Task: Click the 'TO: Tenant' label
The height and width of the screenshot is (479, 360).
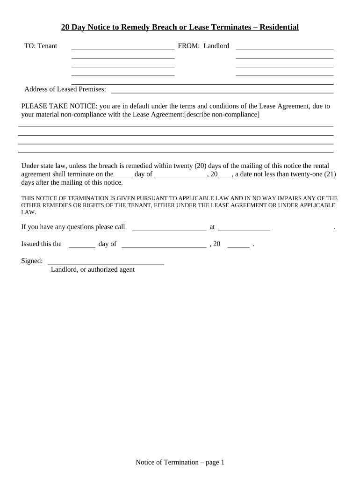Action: point(41,46)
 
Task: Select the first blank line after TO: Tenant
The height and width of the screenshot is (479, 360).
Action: point(122,48)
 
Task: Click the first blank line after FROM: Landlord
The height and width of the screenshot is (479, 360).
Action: point(284,48)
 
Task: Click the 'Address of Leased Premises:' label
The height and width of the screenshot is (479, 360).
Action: point(65,89)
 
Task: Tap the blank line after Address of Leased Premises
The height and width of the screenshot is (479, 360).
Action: point(222,92)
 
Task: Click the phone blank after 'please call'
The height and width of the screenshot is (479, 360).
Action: point(169,229)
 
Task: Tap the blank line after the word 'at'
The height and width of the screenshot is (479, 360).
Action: point(244,229)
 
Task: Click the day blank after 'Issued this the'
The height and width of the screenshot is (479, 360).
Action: point(82,246)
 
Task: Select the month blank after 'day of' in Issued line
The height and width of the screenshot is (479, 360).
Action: point(164,246)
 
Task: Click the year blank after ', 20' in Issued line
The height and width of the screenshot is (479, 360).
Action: point(238,246)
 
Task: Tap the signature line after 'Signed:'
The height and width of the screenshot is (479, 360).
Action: point(106,263)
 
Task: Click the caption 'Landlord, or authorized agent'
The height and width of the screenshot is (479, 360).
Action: point(93,269)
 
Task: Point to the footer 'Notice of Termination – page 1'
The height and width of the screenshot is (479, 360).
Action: point(180,463)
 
